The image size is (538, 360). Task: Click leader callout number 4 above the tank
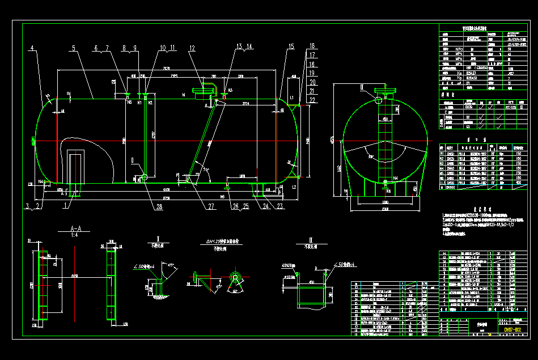coord(33,47)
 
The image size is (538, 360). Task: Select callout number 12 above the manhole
coord(192,48)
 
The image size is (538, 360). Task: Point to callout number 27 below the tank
coord(210,207)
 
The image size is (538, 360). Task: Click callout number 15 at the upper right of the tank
coord(291,46)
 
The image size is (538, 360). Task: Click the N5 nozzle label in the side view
coord(129,103)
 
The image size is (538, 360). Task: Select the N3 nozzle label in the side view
coord(230,90)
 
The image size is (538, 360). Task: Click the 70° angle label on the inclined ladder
coord(206,169)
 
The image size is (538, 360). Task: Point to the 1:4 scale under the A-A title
coord(67,236)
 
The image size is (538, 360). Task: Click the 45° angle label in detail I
coord(171,265)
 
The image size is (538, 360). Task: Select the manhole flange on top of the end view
coord(388,90)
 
